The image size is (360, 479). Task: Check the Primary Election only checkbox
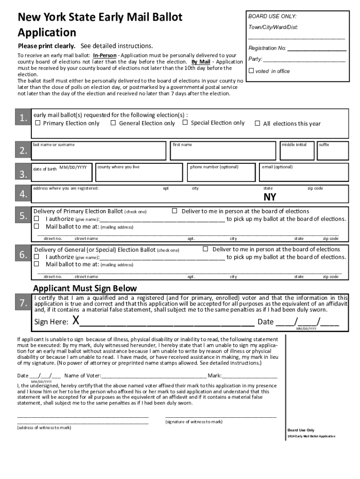38,123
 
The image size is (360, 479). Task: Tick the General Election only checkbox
113,123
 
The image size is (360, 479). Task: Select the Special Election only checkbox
185,123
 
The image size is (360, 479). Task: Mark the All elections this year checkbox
257,123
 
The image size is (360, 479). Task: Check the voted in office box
251,71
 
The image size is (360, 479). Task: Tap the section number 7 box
23,304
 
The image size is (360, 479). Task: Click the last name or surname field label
54,145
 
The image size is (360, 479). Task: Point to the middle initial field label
294,145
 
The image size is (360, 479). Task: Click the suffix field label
324,145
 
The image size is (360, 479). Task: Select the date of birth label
44,168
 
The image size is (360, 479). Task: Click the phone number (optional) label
214,167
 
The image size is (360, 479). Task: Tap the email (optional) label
277,167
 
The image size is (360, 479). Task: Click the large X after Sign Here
75,321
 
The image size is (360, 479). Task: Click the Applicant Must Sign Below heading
85,288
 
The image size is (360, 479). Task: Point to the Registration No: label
267,48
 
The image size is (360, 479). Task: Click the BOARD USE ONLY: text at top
272,16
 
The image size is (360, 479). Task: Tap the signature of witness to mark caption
194,421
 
